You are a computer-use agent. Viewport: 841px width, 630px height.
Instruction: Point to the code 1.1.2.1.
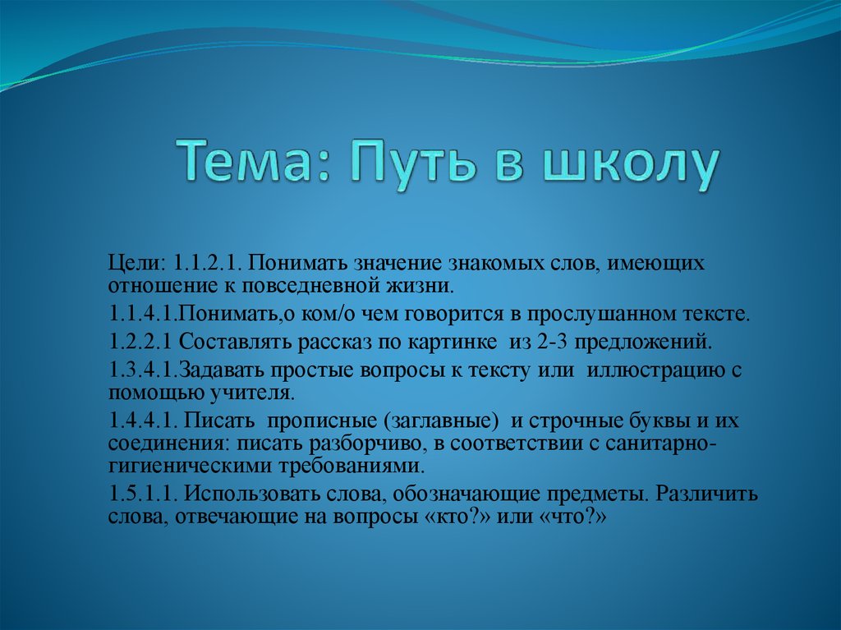pyautogui.click(x=206, y=264)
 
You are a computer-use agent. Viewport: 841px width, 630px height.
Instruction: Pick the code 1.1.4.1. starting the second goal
pyautogui.click(x=142, y=314)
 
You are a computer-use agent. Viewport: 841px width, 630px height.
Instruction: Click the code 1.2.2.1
pyautogui.click(x=140, y=341)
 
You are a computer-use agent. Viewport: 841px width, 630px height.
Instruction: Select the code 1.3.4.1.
pyautogui.click(x=142, y=369)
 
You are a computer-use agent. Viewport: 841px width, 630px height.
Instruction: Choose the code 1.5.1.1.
pyautogui.click(x=144, y=494)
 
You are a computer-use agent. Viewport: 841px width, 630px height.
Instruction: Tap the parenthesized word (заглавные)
pyautogui.click(x=439, y=421)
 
